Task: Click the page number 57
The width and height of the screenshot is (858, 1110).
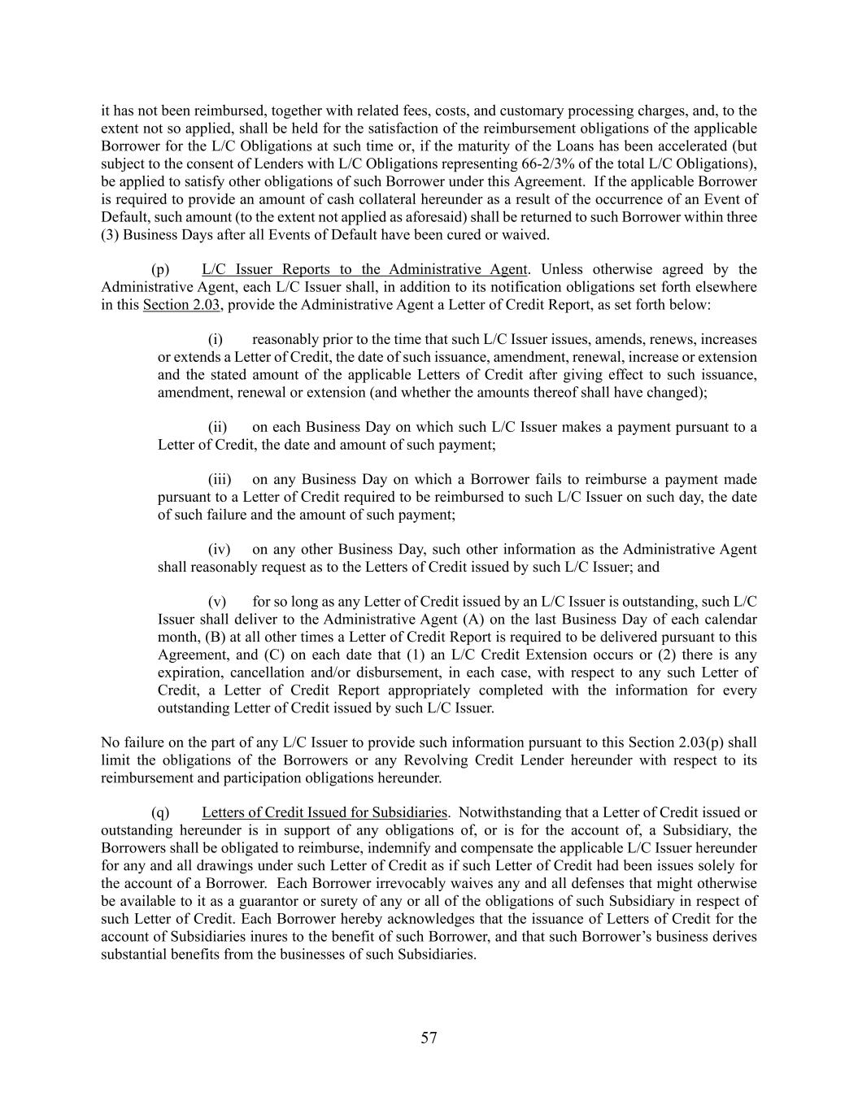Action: click(429, 1038)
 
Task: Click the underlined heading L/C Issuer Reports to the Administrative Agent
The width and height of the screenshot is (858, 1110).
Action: click(364, 269)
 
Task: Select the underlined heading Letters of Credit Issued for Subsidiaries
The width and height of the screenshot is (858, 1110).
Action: click(324, 812)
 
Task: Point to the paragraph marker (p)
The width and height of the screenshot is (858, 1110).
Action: click(160, 269)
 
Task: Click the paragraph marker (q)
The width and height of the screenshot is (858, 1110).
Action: click(160, 812)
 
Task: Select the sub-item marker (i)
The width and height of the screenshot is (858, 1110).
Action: click(216, 339)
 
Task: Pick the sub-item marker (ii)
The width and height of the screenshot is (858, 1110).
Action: click(217, 427)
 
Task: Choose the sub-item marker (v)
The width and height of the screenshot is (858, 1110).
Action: click(217, 602)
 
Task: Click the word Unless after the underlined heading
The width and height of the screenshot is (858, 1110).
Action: click(561, 269)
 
